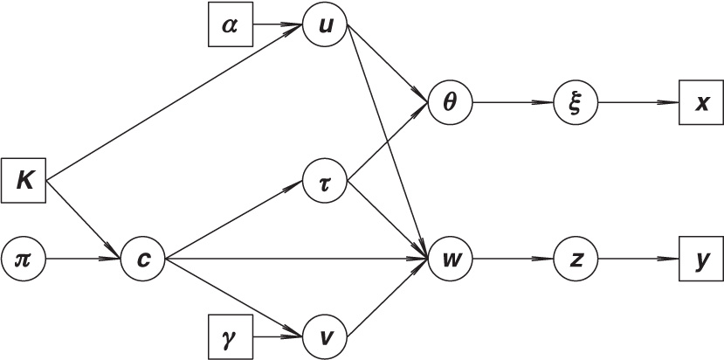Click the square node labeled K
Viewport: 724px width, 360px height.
(23, 181)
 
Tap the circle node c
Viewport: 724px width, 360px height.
(143, 260)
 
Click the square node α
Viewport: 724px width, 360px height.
(230, 24)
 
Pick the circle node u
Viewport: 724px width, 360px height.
(325, 24)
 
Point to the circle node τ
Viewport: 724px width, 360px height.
(325, 182)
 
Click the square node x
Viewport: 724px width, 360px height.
(700, 103)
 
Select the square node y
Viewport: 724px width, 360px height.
(700, 260)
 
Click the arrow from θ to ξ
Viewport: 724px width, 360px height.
(512, 103)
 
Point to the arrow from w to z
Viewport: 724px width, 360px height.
(512, 260)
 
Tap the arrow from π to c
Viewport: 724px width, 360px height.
(83, 260)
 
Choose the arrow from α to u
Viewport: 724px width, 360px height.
(277, 24)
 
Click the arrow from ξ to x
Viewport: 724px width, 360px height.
(638, 103)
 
